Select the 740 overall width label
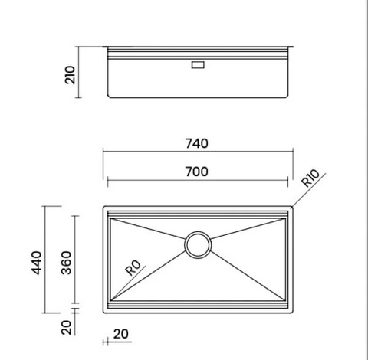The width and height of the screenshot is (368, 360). [198, 143]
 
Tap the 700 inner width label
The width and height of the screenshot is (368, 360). [198, 172]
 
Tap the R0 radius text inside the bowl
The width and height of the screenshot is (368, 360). [133, 268]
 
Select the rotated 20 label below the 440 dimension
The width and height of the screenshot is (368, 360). [67, 327]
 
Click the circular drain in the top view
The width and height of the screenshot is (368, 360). [198, 244]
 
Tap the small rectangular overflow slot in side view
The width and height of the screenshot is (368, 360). [198, 66]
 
